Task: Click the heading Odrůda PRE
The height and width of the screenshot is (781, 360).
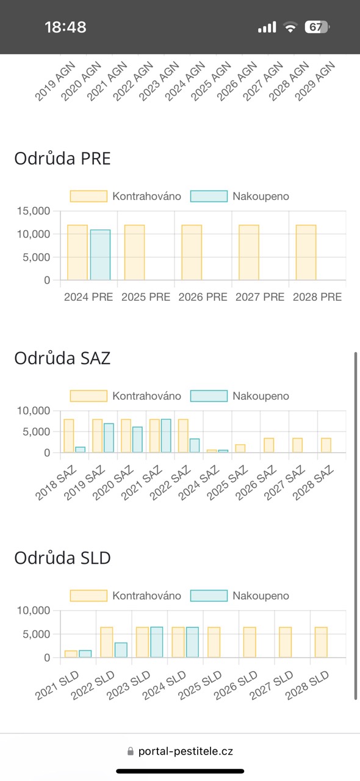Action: pyautogui.click(x=62, y=159)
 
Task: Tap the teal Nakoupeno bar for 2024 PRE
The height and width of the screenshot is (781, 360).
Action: pyautogui.click(x=101, y=255)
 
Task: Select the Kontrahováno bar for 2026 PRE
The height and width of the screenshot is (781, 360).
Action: pyautogui.click(x=192, y=253)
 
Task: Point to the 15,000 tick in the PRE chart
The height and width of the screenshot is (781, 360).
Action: pyautogui.click(x=34, y=211)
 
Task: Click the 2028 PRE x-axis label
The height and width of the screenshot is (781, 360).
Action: pyautogui.click(x=317, y=297)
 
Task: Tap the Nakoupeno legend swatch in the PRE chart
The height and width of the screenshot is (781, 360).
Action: pyautogui.click(x=209, y=196)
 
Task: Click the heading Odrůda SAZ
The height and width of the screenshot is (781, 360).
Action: pyautogui.click(x=62, y=358)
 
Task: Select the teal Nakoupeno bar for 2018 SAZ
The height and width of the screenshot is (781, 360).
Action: pyautogui.click(x=80, y=450)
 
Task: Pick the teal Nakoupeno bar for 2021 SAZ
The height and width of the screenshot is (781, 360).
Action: pyautogui.click(x=166, y=436)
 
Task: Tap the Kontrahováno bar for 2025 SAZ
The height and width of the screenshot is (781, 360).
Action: pyautogui.click(x=240, y=448)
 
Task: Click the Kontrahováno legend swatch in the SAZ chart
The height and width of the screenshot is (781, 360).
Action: pyautogui.click(x=88, y=396)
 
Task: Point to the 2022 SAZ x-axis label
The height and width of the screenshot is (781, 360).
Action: pyautogui.click(x=171, y=483)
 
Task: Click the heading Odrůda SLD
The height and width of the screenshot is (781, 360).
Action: pyautogui.click(x=62, y=558)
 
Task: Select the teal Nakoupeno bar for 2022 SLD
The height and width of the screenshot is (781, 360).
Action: pyautogui.click(x=121, y=650)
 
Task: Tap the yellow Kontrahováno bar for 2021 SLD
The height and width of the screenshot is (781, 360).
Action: pyautogui.click(x=71, y=654)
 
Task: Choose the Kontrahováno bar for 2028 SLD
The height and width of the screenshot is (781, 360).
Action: pyautogui.click(x=321, y=642)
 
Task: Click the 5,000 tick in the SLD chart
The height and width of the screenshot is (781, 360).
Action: pyautogui.click(x=36, y=634)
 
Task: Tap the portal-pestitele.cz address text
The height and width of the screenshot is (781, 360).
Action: pyautogui.click(x=185, y=751)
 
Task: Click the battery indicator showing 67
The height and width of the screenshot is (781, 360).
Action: pyautogui.click(x=317, y=27)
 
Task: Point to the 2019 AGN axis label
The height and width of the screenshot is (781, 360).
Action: pyautogui.click(x=55, y=82)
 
